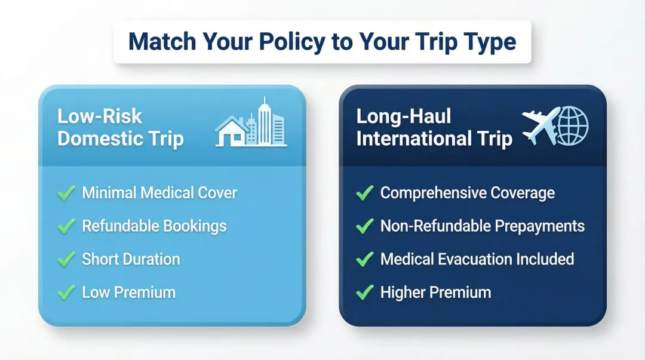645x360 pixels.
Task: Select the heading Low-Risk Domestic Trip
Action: pyautogui.click(x=120, y=127)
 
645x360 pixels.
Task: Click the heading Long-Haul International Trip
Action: pyautogui.click(x=434, y=127)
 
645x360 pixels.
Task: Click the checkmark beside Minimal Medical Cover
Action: pyautogui.click(x=66, y=193)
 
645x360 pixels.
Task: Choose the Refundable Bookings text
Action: pyautogui.click(x=154, y=226)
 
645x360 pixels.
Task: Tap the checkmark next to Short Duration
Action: pyautogui.click(x=66, y=260)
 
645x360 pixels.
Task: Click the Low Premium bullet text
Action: pyautogui.click(x=128, y=293)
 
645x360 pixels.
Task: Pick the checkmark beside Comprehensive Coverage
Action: pyautogui.click(x=364, y=193)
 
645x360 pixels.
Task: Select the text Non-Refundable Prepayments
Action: pyautogui.click(x=482, y=226)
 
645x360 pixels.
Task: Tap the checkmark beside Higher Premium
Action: pyautogui.click(x=364, y=293)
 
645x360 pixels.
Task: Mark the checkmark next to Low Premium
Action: pyautogui.click(x=66, y=293)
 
